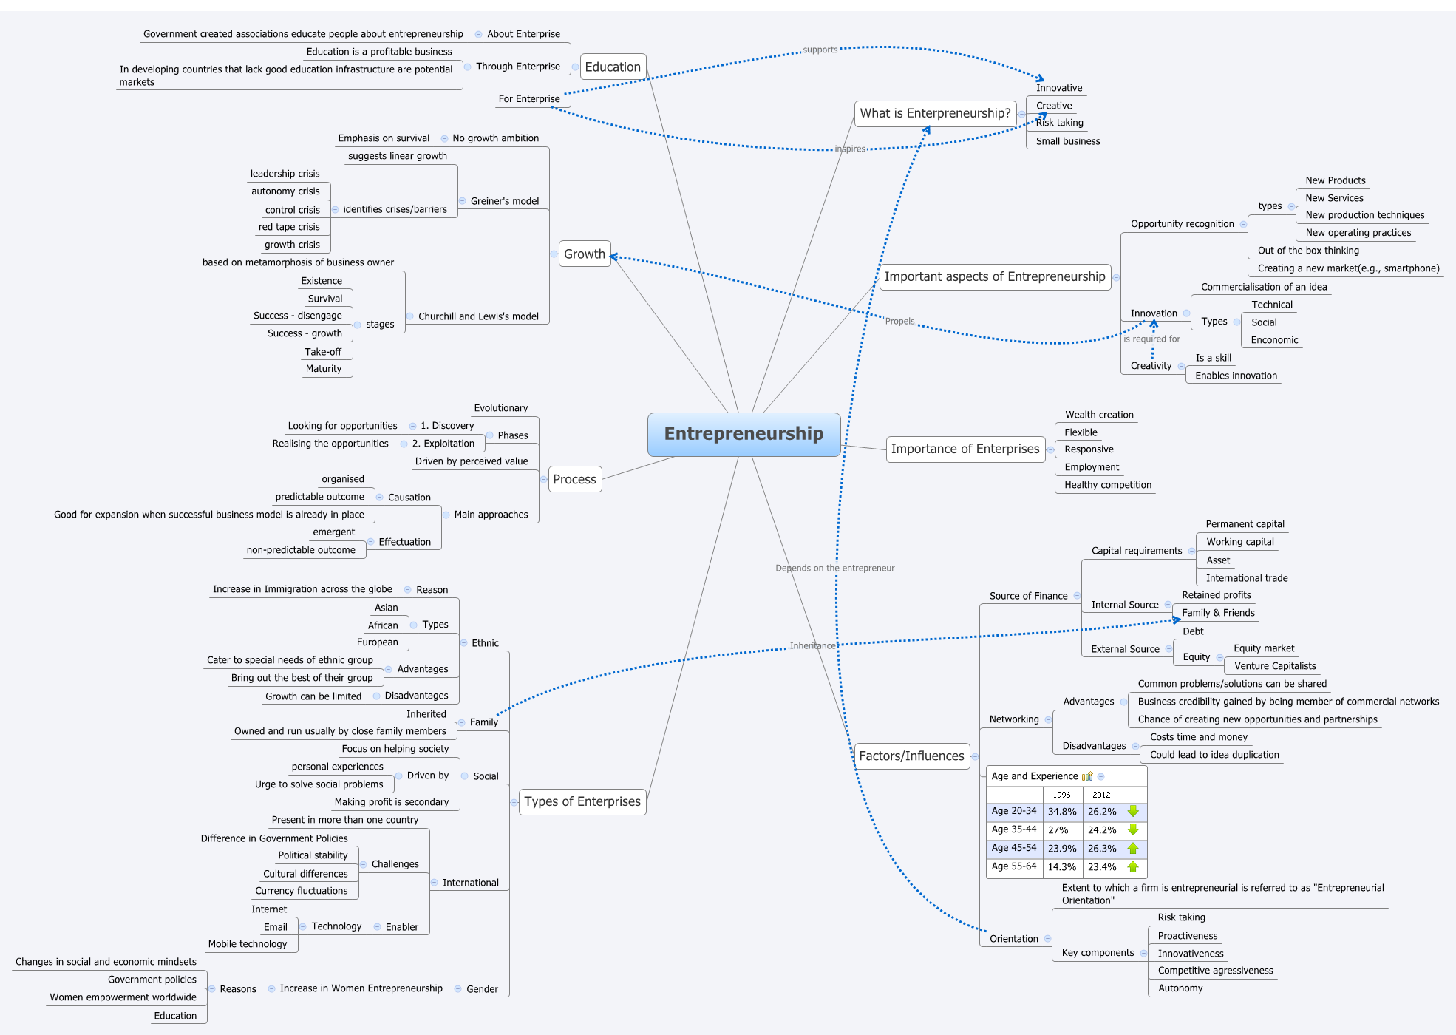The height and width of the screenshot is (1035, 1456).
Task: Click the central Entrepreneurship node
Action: click(x=744, y=434)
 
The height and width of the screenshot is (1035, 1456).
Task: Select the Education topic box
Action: click(x=613, y=67)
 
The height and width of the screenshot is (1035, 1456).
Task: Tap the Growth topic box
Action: click(x=584, y=254)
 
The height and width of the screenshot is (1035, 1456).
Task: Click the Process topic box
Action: click(x=574, y=479)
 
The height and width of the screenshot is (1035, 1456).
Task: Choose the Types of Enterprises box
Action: click(x=582, y=801)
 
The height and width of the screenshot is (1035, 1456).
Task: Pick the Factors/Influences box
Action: click(x=911, y=756)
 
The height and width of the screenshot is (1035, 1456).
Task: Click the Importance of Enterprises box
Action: click(x=965, y=449)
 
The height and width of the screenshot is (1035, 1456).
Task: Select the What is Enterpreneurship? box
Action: click(x=935, y=113)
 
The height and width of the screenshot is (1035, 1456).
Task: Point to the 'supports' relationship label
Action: click(x=820, y=50)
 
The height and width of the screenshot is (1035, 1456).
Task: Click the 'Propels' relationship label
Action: click(x=899, y=322)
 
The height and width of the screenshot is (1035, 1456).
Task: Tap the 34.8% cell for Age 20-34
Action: click(x=1062, y=812)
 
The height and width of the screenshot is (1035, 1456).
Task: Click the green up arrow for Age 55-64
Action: click(x=1133, y=867)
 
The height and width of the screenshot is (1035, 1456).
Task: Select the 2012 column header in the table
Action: click(x=1101, y=795)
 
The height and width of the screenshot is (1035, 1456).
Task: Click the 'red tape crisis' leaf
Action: click(x=289, y=227)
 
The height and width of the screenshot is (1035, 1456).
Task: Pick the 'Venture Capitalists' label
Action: click(x=1275, y=666)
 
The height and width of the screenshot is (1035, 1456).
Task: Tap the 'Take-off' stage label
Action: click(x=323, y=352)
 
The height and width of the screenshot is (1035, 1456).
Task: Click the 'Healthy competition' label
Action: click(x=1107, y=485)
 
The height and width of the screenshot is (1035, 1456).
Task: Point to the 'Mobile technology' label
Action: click(x=248, y=944)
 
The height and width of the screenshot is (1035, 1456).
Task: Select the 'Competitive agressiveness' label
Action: click(x=1215, y=971)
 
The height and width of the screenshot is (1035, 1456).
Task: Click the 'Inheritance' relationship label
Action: click(x=812, y=646)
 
